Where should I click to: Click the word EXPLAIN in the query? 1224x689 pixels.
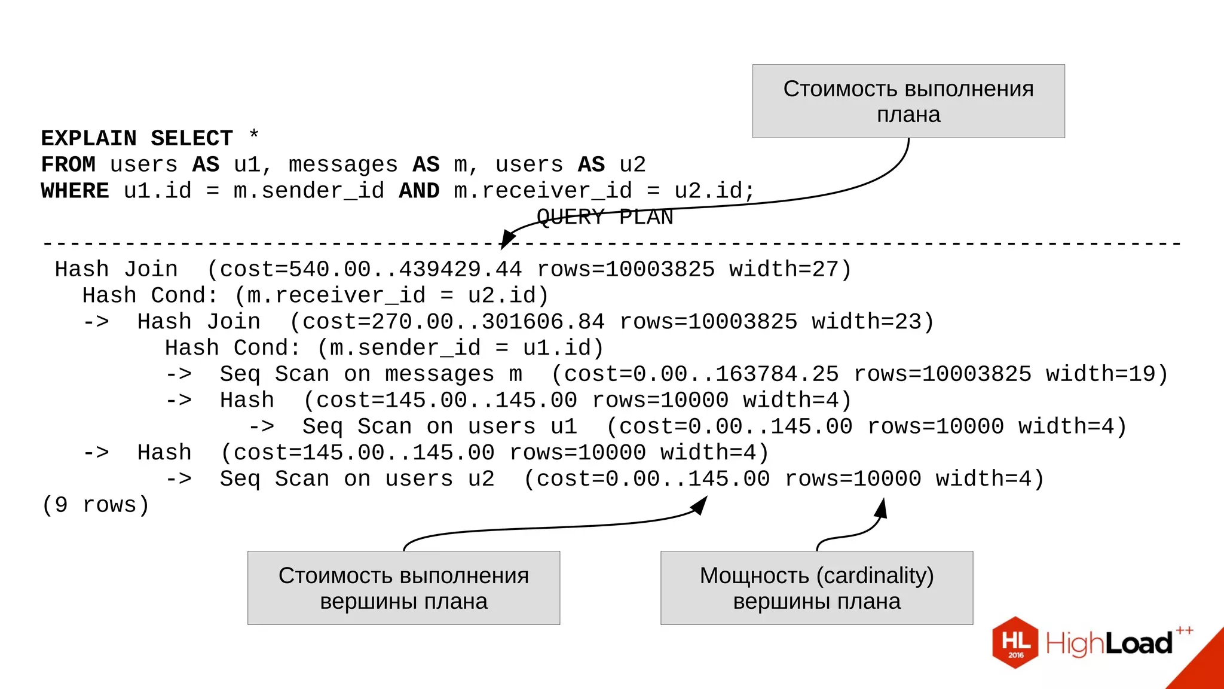point(88,138)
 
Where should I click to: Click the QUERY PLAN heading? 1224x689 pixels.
point(604,217)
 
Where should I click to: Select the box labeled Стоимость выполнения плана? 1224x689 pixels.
point(908,101)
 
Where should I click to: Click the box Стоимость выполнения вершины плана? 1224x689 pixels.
point(403,588)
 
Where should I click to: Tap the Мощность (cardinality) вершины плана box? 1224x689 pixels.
point(816,588)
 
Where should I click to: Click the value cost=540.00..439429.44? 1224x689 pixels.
point(371,270)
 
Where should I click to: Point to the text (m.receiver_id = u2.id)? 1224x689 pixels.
point(391,295)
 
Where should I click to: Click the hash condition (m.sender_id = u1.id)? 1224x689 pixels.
point(460,348)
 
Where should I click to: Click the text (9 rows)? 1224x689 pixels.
point(96,505)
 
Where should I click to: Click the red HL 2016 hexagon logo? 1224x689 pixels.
point(1015,642)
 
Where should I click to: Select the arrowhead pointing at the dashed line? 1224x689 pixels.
point(507,240)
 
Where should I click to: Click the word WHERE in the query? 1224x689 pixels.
point(75,191)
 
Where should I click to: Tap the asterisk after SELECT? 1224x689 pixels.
point(254,135)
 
